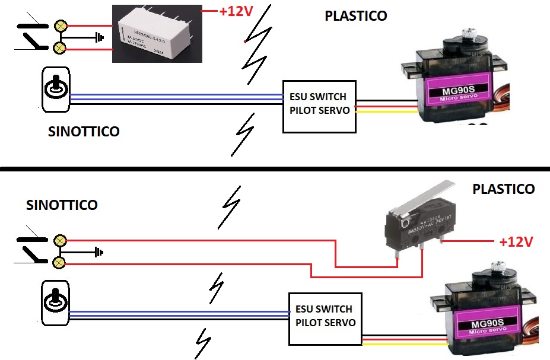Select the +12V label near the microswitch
[516, 242]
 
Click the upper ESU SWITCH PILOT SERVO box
[319, 106]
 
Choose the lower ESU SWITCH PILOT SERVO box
[325, 318]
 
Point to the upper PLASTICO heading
[356, 16]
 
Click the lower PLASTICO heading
[504, 189]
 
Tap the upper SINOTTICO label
[84, 132]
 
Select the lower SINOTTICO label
[62, 205]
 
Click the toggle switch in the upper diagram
[56, 90]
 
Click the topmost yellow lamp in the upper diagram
[60, 26]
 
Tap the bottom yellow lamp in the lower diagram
[59, 262]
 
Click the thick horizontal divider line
[275, 168]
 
